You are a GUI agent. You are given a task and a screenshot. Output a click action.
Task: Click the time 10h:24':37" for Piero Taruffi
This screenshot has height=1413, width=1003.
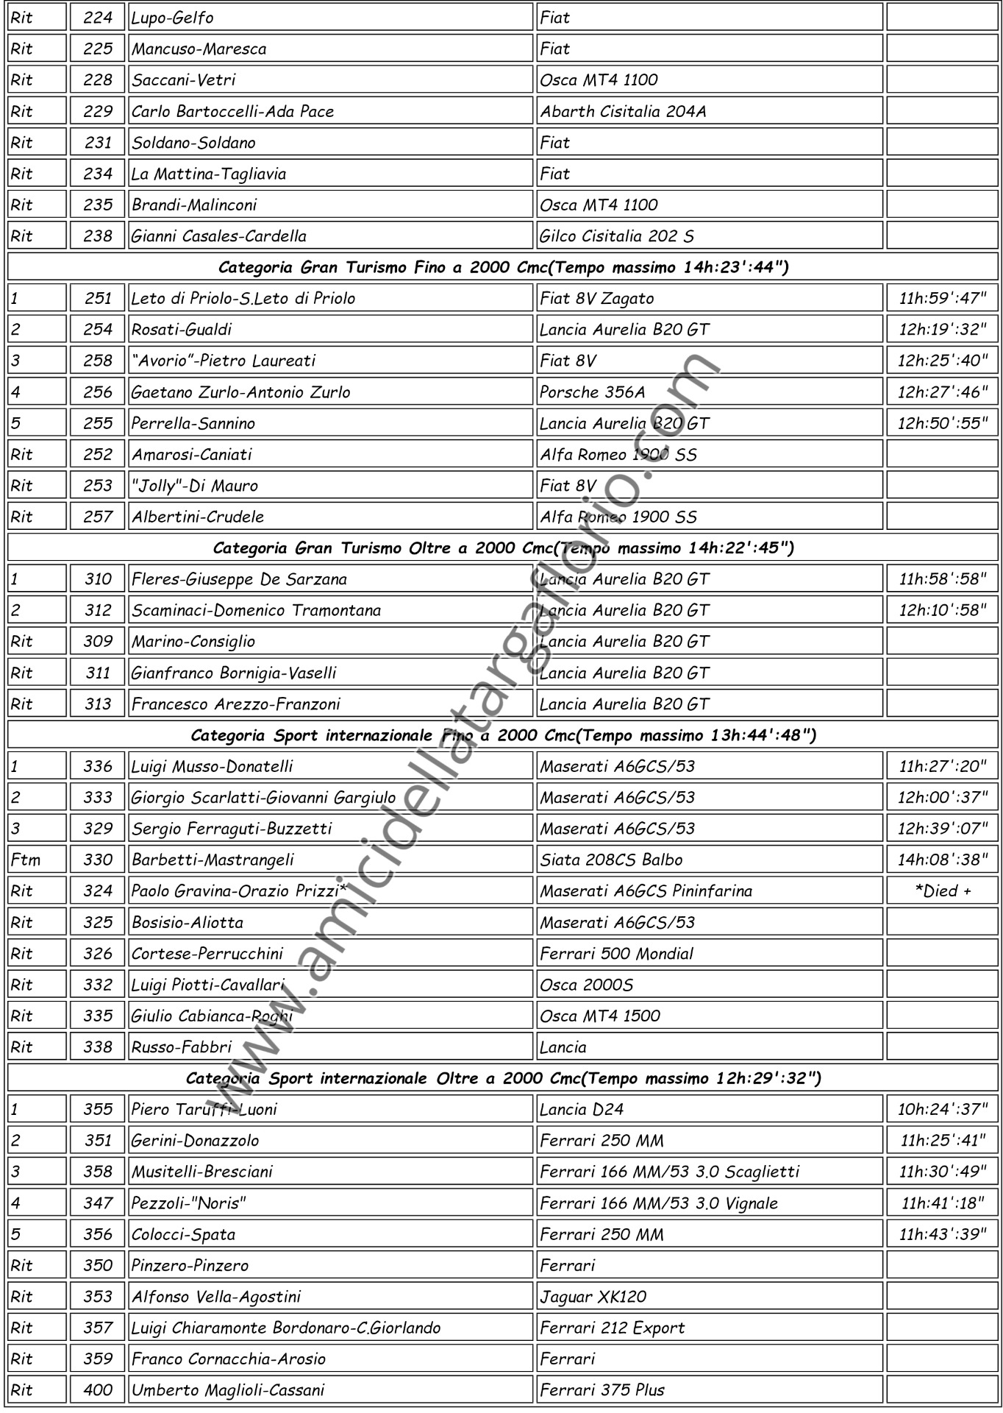coord(942,1109)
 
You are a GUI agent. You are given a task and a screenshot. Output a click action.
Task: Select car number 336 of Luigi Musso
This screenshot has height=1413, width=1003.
coord(98,766)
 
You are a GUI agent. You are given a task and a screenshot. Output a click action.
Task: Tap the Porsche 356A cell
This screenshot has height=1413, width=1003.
coord(593,392)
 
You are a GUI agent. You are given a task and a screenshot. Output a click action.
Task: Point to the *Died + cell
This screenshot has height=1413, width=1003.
coord(942,890)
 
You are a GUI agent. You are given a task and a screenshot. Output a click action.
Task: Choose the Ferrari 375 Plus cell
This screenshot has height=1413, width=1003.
coord(602,1390)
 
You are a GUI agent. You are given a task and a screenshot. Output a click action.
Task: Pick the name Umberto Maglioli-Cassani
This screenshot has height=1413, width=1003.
coord(228,1390)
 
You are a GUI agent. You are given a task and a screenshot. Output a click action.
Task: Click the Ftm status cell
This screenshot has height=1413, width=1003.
coord(26,860)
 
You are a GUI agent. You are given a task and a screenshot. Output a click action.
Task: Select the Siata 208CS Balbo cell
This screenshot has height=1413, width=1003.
coord(611,860)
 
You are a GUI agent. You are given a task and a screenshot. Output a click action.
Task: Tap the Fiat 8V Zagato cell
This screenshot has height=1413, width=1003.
coord(596,298)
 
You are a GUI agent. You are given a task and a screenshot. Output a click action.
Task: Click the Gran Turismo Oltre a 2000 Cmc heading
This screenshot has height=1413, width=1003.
coord(503,548)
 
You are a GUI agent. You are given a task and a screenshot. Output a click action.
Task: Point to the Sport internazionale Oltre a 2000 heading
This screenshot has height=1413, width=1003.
coord(503,1078)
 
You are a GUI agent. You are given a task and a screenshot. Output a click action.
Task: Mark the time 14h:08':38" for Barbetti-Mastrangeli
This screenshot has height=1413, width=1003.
coord(942,860)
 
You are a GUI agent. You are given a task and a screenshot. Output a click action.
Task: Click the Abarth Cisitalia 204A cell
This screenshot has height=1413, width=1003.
coord(623,111)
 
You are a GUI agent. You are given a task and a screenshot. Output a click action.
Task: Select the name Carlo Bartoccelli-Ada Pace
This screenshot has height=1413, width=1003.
coord(232,111)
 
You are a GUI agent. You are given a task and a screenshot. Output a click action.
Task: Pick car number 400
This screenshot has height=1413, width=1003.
coord(98,1390)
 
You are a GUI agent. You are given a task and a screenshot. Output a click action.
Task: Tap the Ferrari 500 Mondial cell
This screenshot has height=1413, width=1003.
coord(616,954)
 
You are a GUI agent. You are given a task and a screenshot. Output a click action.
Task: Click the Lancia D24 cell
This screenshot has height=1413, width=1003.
coord(581,1109)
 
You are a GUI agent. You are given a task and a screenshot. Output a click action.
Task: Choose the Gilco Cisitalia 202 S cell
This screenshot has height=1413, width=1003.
coord(616,236)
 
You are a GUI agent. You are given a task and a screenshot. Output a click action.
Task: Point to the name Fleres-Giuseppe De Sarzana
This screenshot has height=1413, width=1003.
coord(239,579)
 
